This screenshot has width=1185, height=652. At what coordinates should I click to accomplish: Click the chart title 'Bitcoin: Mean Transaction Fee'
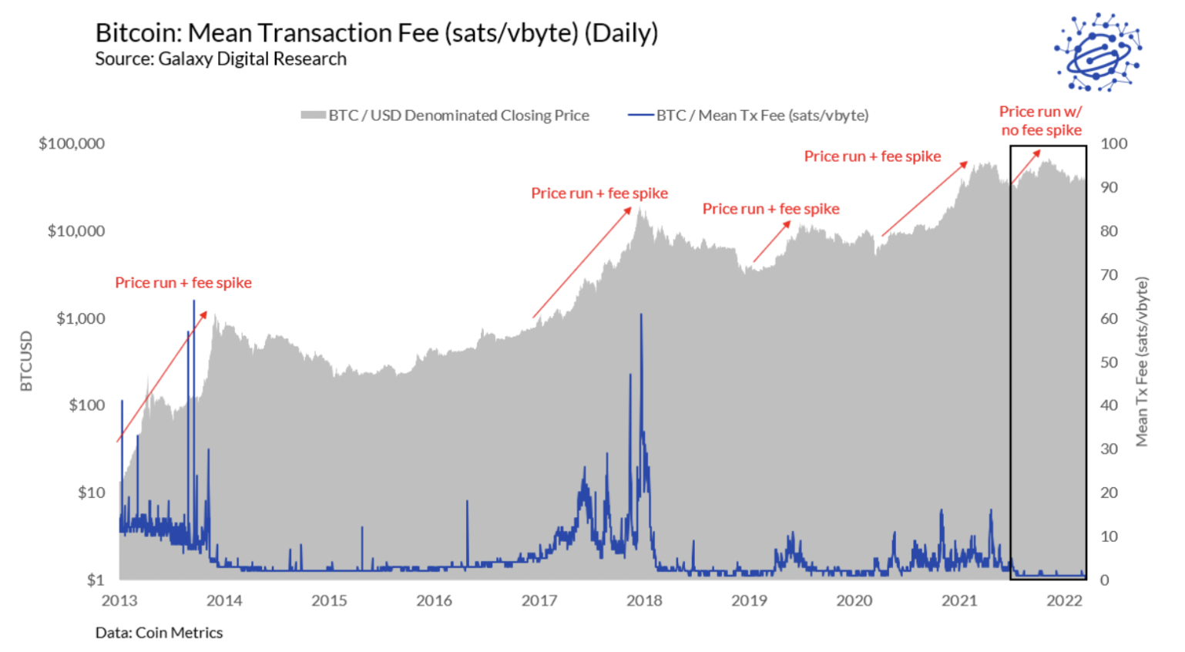376,33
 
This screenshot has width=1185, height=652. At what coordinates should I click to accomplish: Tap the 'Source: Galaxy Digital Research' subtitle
220,59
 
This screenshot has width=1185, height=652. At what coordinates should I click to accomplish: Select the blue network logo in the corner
1097,52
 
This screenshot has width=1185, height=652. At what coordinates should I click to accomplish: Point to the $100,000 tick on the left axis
72,143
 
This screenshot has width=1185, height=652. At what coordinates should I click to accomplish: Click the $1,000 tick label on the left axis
80,318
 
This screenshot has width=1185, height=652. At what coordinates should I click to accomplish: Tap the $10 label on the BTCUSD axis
91,492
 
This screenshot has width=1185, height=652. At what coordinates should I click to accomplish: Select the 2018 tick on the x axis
643,600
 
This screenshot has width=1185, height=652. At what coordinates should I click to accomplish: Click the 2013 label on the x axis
119,600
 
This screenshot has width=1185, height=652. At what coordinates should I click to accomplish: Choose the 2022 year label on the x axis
1064,600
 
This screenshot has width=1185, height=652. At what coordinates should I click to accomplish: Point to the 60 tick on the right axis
1109,318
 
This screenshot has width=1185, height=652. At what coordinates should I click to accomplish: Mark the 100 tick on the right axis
1113,143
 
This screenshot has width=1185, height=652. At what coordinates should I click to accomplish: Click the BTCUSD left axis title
26,361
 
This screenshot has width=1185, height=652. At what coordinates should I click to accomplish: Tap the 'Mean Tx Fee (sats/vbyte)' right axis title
1142,361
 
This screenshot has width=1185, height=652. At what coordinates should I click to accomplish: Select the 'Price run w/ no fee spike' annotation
1041,121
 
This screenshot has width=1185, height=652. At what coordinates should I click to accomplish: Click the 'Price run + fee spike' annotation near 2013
183,283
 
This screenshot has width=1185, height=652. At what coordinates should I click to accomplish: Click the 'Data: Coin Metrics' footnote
159,633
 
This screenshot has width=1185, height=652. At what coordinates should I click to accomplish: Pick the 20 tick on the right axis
1109,492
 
